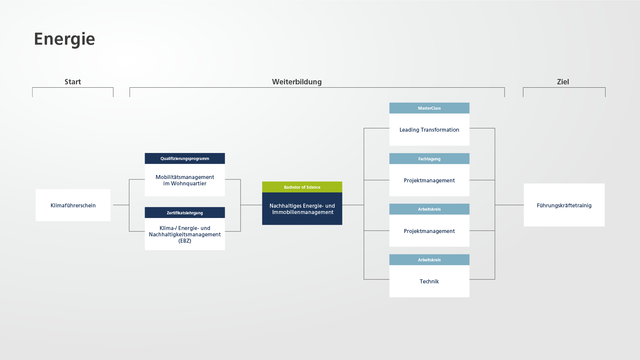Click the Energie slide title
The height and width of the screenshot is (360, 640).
64,39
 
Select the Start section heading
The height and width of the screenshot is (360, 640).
73,82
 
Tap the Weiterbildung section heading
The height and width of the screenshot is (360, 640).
297,82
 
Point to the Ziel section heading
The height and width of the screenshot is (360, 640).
563,82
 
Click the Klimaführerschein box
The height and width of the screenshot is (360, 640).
73,205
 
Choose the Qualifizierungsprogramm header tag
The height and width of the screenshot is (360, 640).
185,158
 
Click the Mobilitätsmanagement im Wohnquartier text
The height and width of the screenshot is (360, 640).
185,180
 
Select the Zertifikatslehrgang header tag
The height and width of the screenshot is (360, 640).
185,213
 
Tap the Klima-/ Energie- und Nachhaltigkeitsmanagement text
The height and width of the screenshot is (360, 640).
185,231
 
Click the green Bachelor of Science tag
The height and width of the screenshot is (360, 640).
302,187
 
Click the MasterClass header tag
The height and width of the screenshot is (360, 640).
429,108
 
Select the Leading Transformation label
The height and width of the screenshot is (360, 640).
429,130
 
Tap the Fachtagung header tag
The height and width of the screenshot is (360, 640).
429,159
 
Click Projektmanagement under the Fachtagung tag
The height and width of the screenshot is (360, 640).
429,180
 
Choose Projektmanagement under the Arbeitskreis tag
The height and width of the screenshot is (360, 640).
429,231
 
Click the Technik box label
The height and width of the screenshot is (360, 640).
429,281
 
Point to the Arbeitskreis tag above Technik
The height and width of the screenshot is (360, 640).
429,260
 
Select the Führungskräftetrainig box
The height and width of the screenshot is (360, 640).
564,205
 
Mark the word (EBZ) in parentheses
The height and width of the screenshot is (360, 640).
185,241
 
